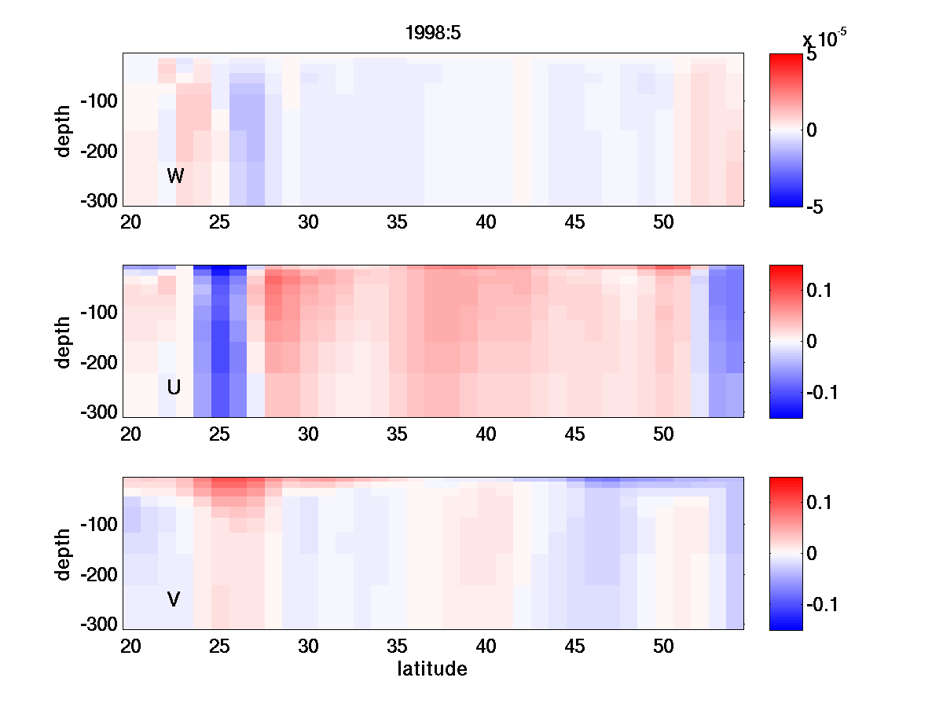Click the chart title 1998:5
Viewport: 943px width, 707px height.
click(431, 33)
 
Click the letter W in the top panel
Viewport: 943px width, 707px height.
click(175, 176)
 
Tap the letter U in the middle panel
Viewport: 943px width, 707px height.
click(174, 387)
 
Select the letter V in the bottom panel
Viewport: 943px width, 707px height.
click(174, 599)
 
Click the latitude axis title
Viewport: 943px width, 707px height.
click(432, 669)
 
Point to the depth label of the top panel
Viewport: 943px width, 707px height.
click(64, 130)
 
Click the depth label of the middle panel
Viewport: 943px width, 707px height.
click(64, 342)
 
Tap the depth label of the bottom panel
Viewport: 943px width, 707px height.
click(64, 554)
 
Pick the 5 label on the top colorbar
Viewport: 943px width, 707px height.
click(811, 57)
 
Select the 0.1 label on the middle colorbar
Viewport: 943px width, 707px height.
click(822, 291)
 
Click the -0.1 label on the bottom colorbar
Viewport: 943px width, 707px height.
click(824, 604)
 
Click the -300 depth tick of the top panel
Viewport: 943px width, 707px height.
click(98, 201)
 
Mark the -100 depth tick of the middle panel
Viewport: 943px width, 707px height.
click(98, 313)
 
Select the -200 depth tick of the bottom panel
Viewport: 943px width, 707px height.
click(98, 575)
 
